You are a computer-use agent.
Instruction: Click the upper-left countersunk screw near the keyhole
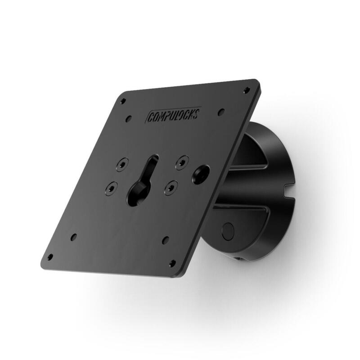[x=122, y=165]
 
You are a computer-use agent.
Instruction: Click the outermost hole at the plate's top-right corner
[x=247, y=90]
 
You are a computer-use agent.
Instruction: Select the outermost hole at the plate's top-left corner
[x=122, y=101]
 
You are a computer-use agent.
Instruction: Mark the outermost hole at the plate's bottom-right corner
[x=172, y=263]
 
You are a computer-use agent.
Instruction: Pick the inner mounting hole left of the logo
[x=129, y=119]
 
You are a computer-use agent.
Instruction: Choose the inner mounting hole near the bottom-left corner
[x=73, y=237]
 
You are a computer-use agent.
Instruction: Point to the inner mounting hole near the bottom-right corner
[x=166, y=240]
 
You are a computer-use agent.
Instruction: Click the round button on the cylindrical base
[x=228, y=231]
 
